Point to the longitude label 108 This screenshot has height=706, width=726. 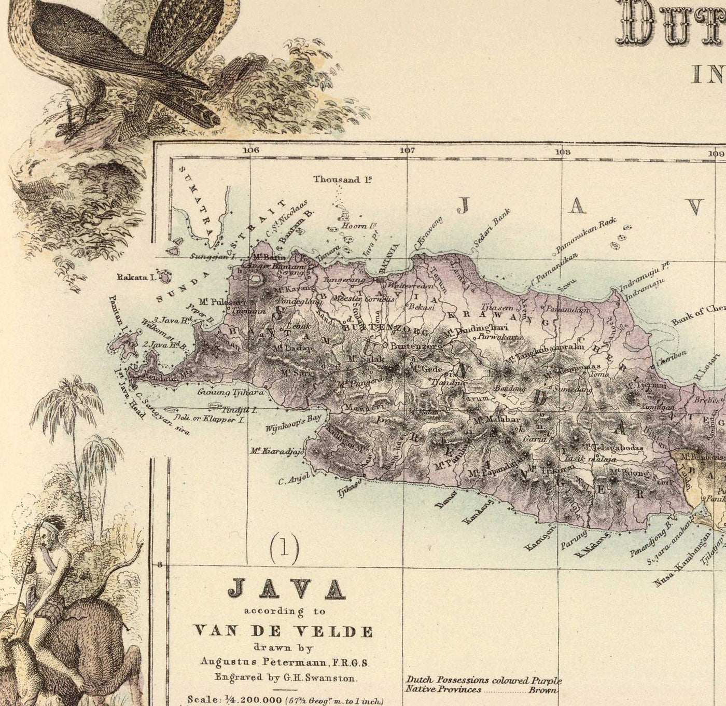pos(562,152)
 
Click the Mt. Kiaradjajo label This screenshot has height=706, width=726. pos(276,450)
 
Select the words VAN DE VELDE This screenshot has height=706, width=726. pos(283,631)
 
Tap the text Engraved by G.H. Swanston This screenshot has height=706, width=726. pos(284,676)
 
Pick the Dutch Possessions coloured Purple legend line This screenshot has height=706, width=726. pos(483,681)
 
